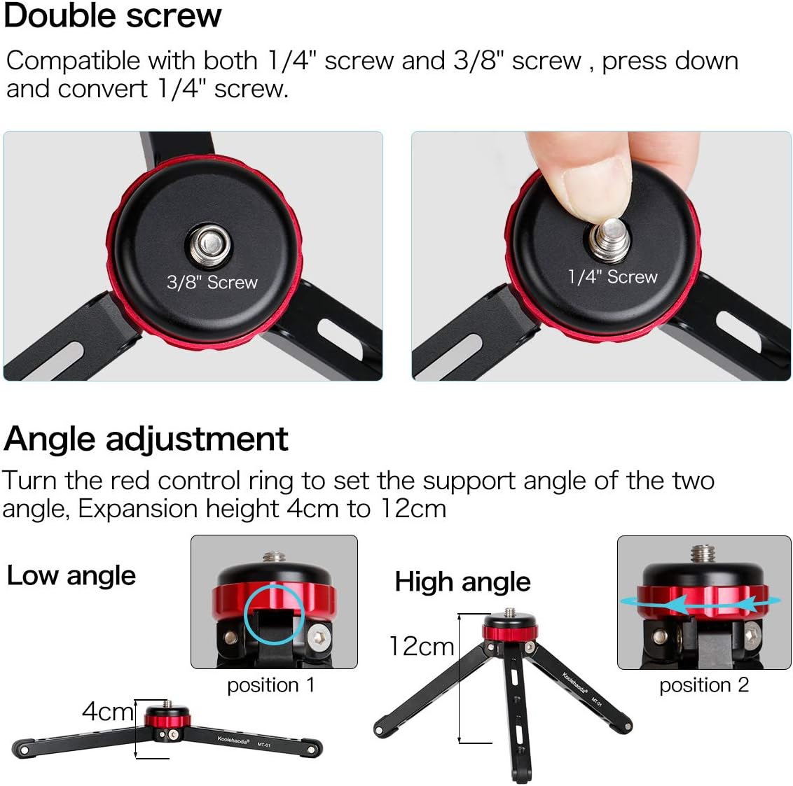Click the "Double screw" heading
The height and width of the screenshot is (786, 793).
tap(112, 15)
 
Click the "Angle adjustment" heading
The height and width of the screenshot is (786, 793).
tap(146, 439)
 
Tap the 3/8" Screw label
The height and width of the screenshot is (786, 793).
tap(212, 282)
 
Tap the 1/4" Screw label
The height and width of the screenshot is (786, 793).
tap(612, 277)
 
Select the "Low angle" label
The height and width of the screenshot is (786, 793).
tap(71, 575)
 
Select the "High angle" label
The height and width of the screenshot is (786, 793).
tap(463, 582)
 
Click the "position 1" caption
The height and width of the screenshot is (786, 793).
tap(271, 685)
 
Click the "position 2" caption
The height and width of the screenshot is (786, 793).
tap(704, 685)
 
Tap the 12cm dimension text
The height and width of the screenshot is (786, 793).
tap(421, 646)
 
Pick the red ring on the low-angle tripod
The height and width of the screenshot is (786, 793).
tap(167, 718)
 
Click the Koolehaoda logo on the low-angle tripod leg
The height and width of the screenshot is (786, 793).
tap(233, 741)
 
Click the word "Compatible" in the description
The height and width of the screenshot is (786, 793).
tap(73, 61)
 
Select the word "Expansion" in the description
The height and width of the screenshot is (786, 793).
tap(137, 509)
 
